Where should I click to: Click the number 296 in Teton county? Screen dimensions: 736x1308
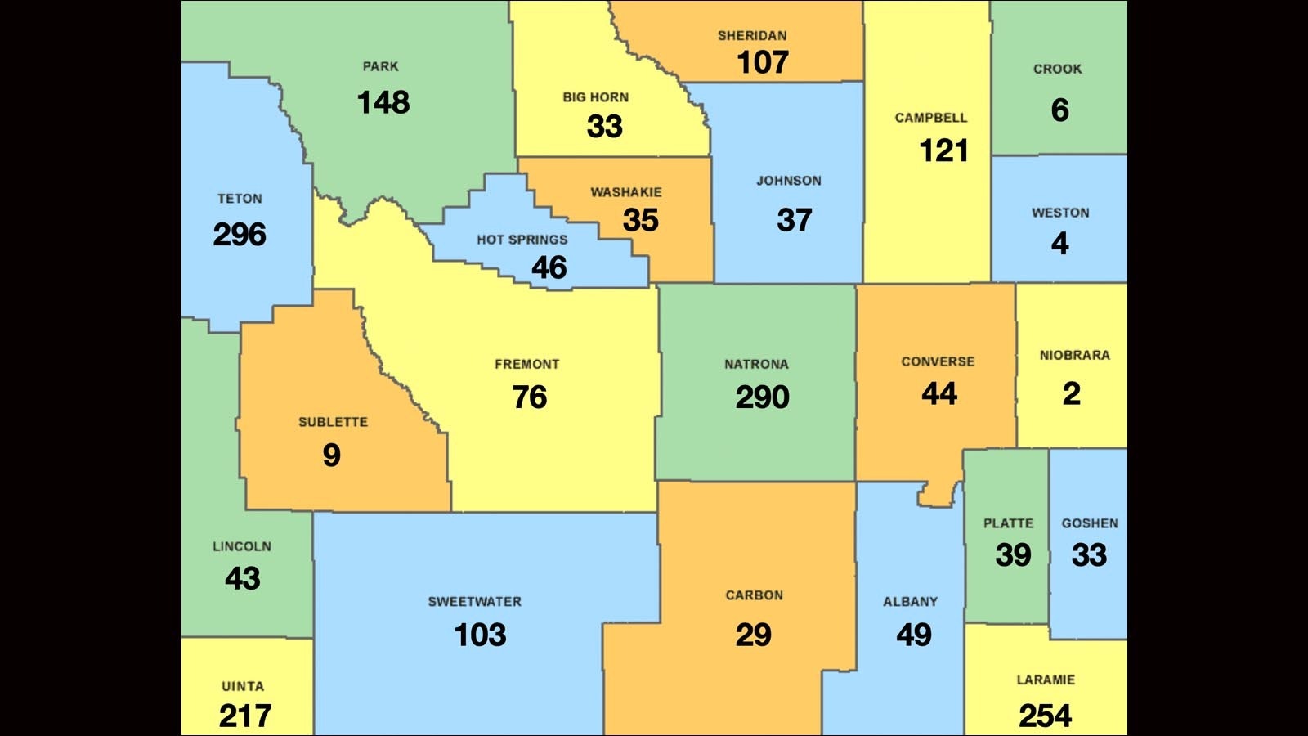coord(240,235)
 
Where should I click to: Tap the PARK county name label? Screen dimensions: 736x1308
coord(381,66)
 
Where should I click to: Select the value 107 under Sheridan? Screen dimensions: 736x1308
coord(762,62)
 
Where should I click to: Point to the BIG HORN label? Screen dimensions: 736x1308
coord(595,96)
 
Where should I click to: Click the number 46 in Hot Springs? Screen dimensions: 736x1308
coord(549,267)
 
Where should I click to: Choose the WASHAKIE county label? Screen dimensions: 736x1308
coord(626,192)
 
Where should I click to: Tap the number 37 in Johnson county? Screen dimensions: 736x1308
coord(794,220)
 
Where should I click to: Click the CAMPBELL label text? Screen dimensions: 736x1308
coord(930,118)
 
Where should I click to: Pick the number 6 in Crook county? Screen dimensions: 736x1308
coord(1059,110)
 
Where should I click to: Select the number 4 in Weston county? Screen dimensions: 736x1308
coord(1059,244)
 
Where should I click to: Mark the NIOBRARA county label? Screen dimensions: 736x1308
coord(1074,355)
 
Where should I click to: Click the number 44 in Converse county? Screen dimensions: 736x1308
coord(938,394)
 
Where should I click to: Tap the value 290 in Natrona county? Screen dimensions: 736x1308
coord(762,397)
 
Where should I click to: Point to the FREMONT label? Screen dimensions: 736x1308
coord(526,364)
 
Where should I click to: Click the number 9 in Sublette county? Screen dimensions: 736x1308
coord(331,456)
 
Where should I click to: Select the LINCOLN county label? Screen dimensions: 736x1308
coord(242,546)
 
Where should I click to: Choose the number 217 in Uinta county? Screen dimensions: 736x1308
coord(244,716)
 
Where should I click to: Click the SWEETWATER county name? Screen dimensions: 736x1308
coord(474,601)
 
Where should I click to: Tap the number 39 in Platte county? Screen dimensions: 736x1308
coord(1013,555)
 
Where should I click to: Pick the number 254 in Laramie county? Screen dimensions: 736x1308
coord(1045,716)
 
